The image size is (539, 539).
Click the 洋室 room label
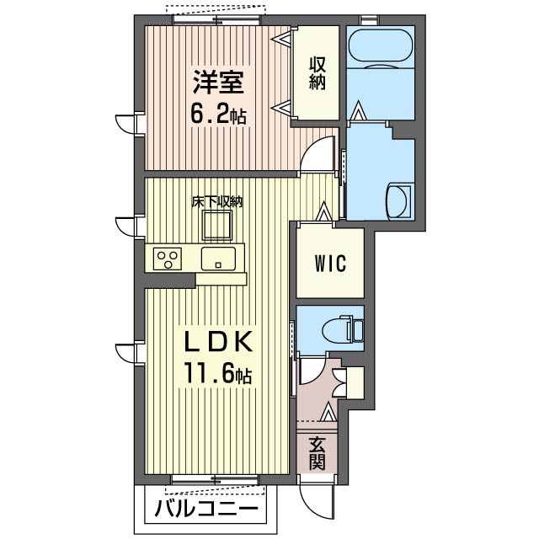pos(218,83)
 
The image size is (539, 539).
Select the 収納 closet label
pos(317,73)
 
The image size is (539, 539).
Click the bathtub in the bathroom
pos(380,49)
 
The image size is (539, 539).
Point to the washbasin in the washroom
pos(398,202)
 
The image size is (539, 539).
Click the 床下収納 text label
pos(217,202)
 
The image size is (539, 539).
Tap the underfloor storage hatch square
pos(217,225)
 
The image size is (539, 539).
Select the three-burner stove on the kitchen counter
pos(168,259)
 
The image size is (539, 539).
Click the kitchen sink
pos(218,259)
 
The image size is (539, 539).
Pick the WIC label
pos(330,264)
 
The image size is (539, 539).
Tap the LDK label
pos(218,342)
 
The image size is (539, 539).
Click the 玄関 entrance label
pos(317,453)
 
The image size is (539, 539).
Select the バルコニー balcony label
pos(206,509)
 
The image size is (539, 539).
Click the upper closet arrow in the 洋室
pos(282,40)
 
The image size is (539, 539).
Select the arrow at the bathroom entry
pos(357,110)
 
